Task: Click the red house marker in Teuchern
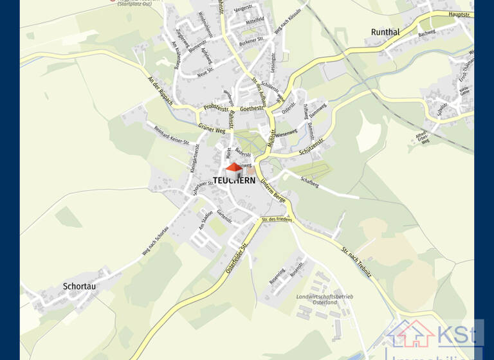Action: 234,170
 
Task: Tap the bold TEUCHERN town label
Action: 234,181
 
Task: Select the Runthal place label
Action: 385,32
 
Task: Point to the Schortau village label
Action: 79,286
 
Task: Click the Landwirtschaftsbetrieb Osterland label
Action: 325,300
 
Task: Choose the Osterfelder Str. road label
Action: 237,259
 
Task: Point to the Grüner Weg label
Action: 212,129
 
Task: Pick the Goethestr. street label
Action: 253,109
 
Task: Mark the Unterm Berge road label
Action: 273,192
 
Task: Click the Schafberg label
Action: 309,183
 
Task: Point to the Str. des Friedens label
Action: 277,220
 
